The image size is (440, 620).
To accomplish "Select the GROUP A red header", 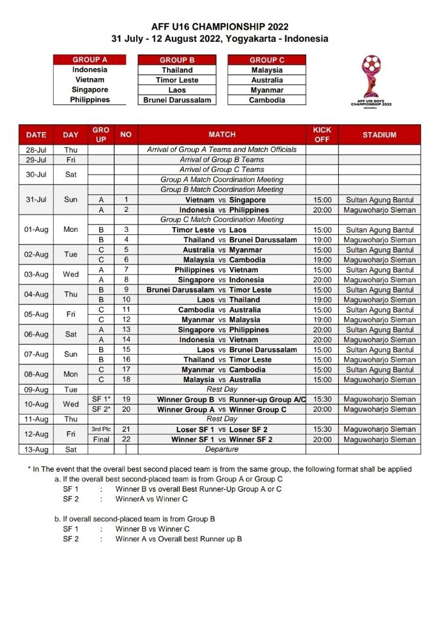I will (90, 60).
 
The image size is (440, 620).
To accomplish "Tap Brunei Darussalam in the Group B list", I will (177, 100).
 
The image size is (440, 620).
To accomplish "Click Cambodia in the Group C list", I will (267, 100).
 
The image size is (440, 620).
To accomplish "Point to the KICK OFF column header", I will (321, 134).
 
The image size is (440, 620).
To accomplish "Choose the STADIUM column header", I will (379, 134).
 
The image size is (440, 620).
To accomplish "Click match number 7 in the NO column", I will (126, 270).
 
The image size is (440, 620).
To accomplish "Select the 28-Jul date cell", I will (37, 150).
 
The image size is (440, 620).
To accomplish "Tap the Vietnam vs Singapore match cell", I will (222, 200).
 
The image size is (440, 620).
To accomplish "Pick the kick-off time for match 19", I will (321, 400).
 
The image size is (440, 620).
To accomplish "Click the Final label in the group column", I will (100, 440).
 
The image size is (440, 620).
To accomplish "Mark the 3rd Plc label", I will (100, 429).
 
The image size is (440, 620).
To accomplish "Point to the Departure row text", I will (222, 449).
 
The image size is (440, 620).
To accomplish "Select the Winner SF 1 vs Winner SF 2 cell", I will (222, 440).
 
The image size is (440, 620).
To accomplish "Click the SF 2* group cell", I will (100, 409).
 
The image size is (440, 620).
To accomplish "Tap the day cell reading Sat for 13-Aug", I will (71, 449).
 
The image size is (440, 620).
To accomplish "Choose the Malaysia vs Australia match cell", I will (222, 380).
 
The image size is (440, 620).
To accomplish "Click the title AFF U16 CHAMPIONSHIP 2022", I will (220, 27).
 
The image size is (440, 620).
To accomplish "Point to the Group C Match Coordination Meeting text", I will (222, 220).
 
